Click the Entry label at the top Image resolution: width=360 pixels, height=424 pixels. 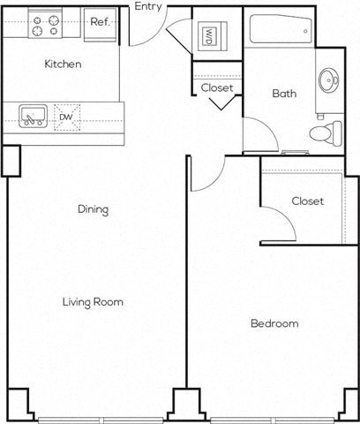coord(147,7)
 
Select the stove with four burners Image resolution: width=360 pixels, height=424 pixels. coord(45,24)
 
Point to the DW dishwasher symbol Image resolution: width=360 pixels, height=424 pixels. coord(67,116)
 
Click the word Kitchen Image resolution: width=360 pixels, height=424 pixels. coord(64,64)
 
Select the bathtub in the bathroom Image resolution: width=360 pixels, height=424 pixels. coord(279,34)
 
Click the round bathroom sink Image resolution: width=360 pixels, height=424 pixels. coord(332,81)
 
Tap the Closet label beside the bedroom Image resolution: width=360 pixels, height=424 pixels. coord(307,201)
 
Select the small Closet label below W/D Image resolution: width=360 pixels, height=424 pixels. coord(217,88)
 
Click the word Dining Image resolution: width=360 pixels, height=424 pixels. coord(93,210)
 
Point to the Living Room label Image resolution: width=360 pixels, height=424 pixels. coord(93,302)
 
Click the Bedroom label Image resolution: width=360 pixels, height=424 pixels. coord(274,323)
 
